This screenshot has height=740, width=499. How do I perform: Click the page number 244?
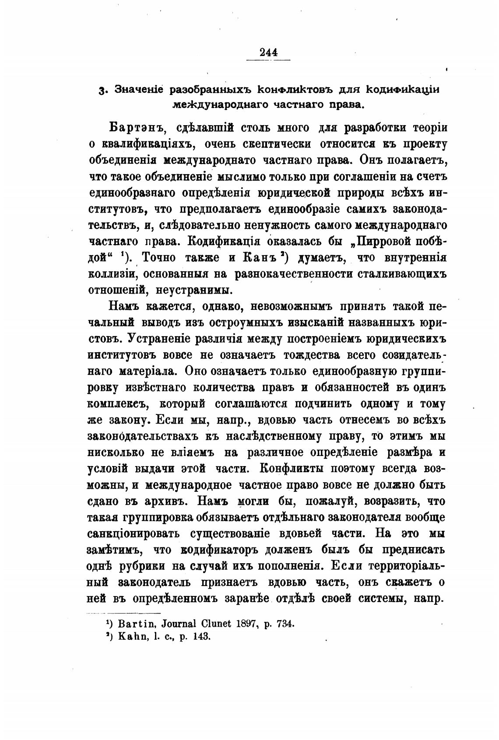268,53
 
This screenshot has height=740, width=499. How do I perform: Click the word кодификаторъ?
218,549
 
